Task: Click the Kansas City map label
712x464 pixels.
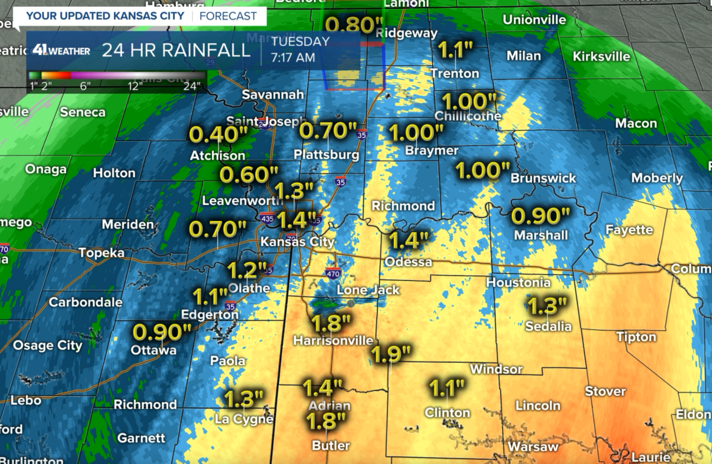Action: tap(298, 242)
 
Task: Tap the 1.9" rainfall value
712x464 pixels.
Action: tap(390, 353)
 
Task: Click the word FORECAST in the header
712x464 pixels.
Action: tap(228, 16)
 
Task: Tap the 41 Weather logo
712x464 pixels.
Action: tap(61, 51)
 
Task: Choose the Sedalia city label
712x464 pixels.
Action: tap(548, 326)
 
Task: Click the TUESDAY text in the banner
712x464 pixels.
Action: tap(300, 42)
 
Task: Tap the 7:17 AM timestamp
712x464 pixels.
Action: tap(293, 57)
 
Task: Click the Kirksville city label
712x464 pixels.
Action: tap(601, 56)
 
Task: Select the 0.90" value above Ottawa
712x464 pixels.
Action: tap(162, 332)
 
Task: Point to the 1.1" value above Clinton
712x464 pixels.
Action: tap(447, 388)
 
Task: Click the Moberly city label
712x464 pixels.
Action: tap(657, 178)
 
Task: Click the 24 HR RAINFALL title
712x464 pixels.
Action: tap(176, 50)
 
